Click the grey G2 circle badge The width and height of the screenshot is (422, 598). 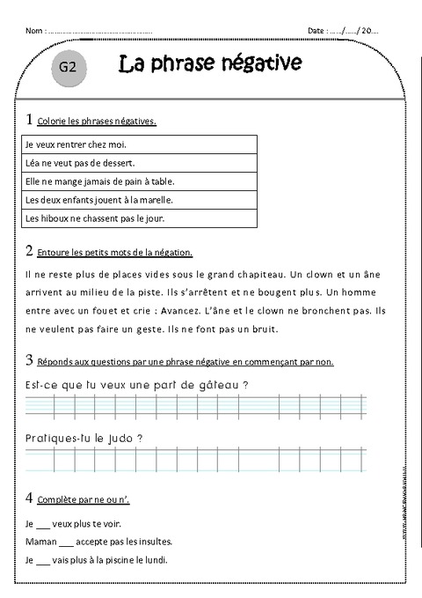(x=68, y=68)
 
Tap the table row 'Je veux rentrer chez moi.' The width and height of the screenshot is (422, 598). (x=135, y=144)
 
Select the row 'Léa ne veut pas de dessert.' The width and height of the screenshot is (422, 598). (x=135, y=162)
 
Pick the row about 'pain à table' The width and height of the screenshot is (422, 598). (x=135, y=181)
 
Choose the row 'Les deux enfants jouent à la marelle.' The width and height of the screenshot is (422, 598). (x=135, y=199)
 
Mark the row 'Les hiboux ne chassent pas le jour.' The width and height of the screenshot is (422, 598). (x=135, y=218)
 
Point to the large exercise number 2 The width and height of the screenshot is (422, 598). (x=31, y=251)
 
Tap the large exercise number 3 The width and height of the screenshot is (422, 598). (x=31, y=360)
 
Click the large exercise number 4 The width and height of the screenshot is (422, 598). (x=31, y=499)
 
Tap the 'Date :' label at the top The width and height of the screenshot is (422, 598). (x=316, y=32)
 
